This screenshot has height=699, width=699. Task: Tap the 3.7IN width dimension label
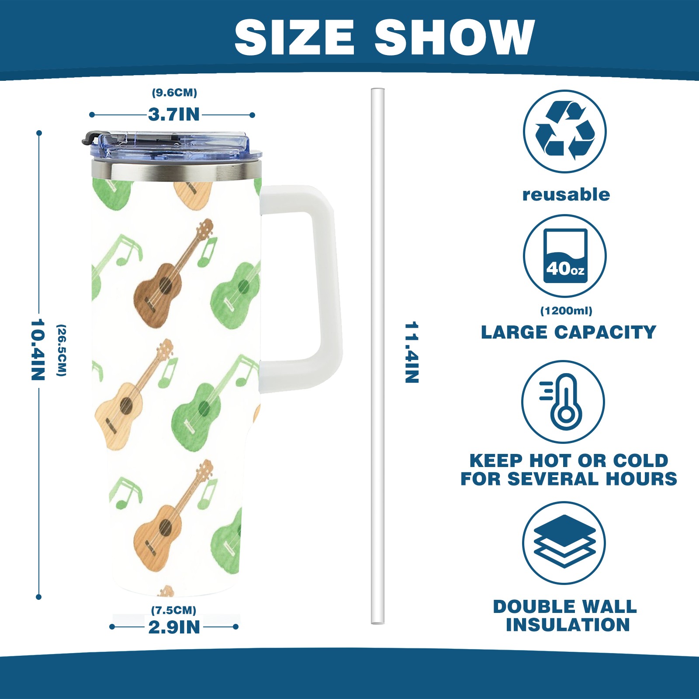tap(174, 114)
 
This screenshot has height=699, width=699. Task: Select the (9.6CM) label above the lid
tap(174, 93)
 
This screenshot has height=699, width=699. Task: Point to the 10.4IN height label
tap(38, 350)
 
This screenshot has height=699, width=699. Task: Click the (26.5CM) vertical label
tap(62, 350)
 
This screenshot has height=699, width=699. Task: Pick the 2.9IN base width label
tap(174, 627)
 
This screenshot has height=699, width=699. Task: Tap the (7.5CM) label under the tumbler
tap(174, 610)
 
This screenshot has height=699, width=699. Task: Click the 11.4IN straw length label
tap(412, 353)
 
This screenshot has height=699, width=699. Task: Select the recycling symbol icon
tap(565, 131)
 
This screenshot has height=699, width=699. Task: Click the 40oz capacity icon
tap(565, 256)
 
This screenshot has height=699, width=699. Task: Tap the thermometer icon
tap(563, 401)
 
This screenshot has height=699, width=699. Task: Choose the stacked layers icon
tap(564, 543)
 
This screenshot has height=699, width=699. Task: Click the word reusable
tap(566, 194)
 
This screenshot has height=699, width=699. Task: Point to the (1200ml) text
tap(566, 311)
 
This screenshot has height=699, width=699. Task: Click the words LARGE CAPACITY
tap(568, 332)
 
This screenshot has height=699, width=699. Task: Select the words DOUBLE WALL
tap(565, 607)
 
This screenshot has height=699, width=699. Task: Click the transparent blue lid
tap(173, 145)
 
